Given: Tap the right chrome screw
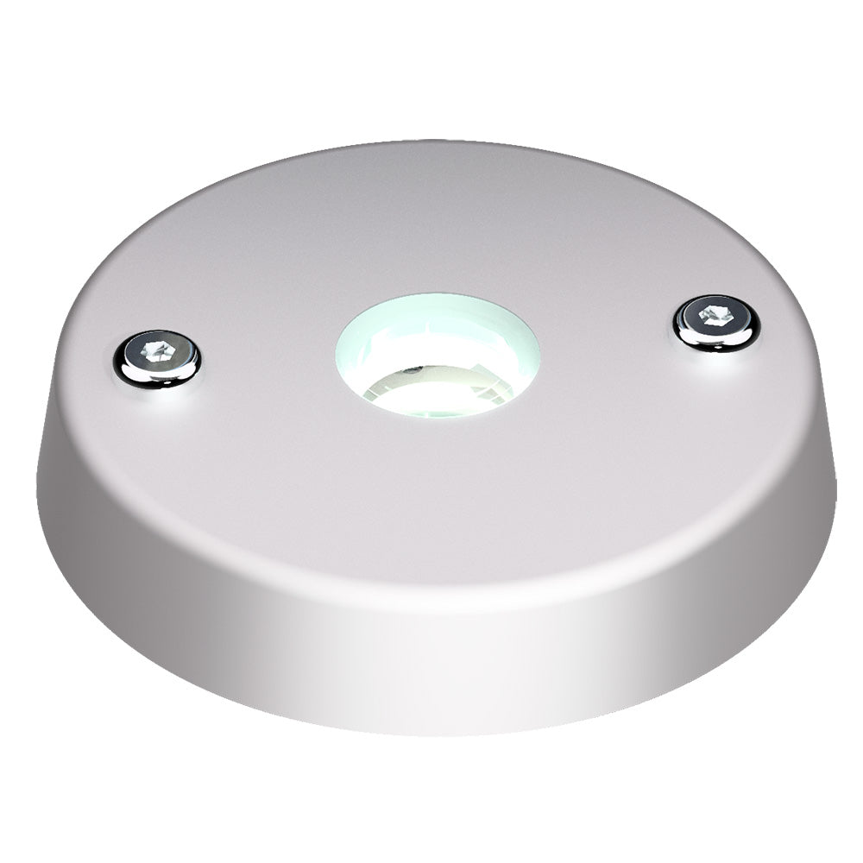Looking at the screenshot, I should tap(716, 321).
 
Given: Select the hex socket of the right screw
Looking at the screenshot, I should tap(715, 314).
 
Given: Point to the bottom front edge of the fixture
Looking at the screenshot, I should tap(431, 732).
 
